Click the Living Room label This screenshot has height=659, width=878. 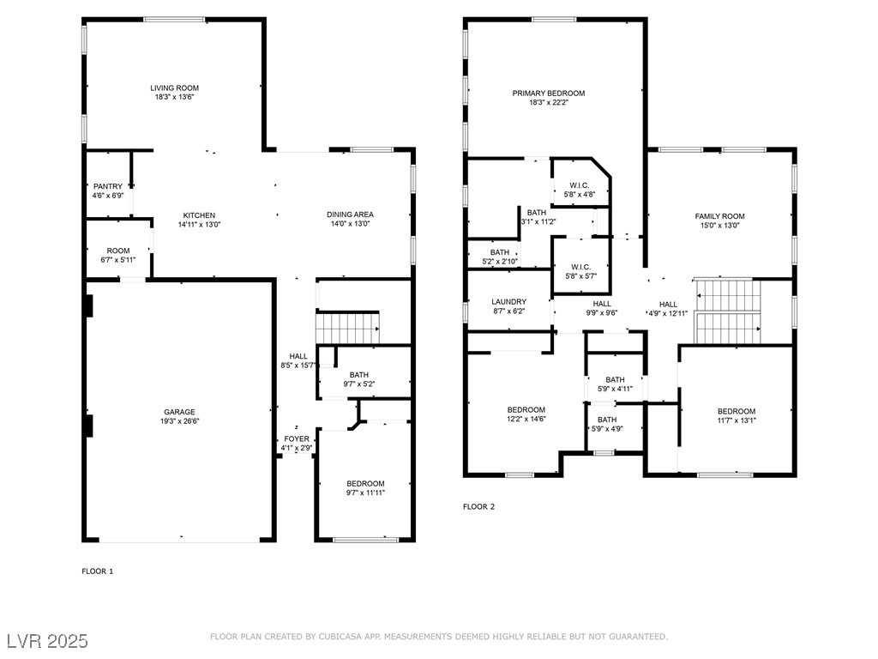[174, 88]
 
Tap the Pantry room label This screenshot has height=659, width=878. [108, 186]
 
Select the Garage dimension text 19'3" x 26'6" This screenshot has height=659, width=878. [179, 421]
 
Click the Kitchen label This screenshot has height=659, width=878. [199, 215]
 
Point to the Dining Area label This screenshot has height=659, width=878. [350, 215]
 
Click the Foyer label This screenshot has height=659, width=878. [296, 438]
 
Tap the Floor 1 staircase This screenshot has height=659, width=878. [348, 327]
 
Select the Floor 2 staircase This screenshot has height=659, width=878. [727, 311]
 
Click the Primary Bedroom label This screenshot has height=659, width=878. [549, 94]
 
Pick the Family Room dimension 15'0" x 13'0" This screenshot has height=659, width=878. [720, 226]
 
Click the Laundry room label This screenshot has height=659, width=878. [509, 302]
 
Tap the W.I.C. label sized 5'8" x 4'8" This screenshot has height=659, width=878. [580, 185]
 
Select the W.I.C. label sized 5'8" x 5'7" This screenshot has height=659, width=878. [580, 267]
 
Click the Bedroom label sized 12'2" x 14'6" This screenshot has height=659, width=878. [526, 409]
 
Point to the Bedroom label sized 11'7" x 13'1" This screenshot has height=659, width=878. [737, 411]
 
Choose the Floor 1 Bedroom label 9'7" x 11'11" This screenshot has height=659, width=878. [365, 484]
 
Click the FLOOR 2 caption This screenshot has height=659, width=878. [478, 506]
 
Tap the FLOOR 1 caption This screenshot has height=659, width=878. [98, 571]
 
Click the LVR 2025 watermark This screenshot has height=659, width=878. [48, 641]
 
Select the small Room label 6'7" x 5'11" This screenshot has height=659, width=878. [118, 251]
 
